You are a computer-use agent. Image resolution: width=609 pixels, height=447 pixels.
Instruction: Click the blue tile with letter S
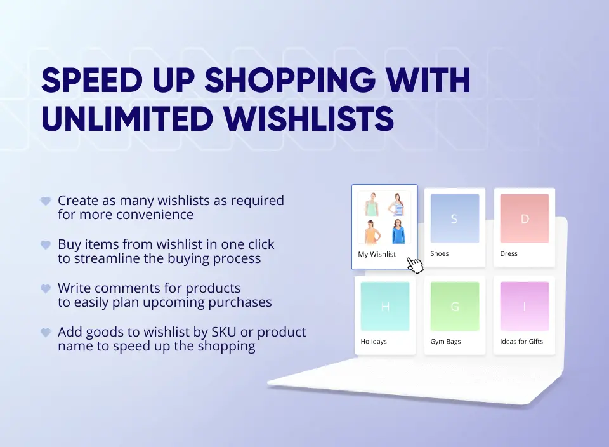[x=454, y=218]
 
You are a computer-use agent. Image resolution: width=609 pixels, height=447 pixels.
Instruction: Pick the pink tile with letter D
[x=524, y=218]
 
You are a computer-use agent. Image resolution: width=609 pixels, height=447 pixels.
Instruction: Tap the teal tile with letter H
[x=384, y=307]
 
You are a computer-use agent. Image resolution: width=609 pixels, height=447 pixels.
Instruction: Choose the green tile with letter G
[x=454, y=307]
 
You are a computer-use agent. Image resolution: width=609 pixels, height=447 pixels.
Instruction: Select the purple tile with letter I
[x=524, y=307]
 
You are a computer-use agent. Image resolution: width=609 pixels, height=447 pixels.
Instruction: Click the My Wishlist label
[x=377, y=255]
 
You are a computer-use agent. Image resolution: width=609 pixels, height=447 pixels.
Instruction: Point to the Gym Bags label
[x=445, y=342]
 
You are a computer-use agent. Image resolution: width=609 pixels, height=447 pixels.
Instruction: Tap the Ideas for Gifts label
[x=521, y=342]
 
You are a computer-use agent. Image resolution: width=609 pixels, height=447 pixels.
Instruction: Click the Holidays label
[x=374, y=342]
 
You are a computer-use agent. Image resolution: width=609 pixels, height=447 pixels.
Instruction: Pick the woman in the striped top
[x=398, y=204]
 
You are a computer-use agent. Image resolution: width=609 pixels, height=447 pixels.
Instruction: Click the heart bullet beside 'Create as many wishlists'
[x=46, y=201]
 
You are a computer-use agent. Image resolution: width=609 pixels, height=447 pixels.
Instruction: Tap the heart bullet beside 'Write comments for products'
[x=46, y=289]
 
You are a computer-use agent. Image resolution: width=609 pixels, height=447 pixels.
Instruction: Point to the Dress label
[x=509, y=254]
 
